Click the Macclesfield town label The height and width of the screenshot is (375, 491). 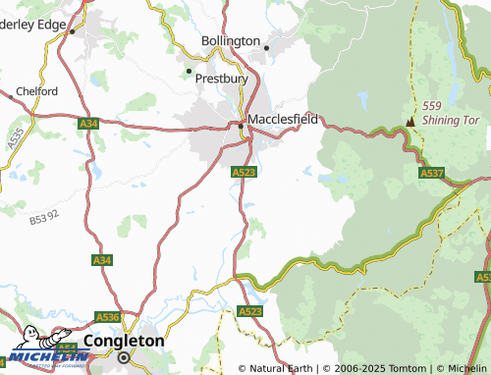(283, 118)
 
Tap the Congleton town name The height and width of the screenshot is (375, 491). (125, 341)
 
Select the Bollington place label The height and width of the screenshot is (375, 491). (230, 41)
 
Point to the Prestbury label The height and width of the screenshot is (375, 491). (220, 77)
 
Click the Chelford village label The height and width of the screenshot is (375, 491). (35, 90)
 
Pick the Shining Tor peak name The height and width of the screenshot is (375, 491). (450, 120)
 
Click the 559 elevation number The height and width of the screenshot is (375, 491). (432, 106)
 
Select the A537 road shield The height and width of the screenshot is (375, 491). (432, 173)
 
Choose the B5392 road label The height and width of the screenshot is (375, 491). (44, 215)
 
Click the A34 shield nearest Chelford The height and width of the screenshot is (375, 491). (89, 123)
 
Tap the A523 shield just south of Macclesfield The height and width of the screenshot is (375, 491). (245, 172)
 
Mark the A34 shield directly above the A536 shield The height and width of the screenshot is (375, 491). (102, 259)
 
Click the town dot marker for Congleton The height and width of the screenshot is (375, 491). (124, 358)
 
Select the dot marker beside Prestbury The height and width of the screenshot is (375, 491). (190, 71)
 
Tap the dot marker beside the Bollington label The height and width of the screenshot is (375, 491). (265, 46)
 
